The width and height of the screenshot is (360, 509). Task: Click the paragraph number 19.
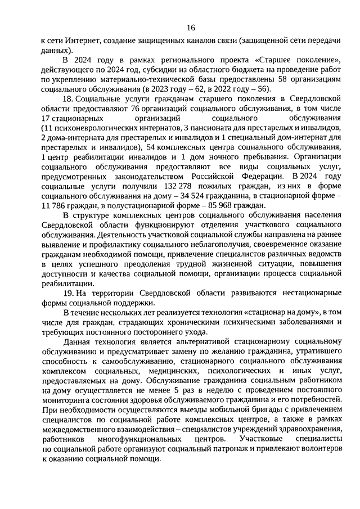[69, 293]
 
